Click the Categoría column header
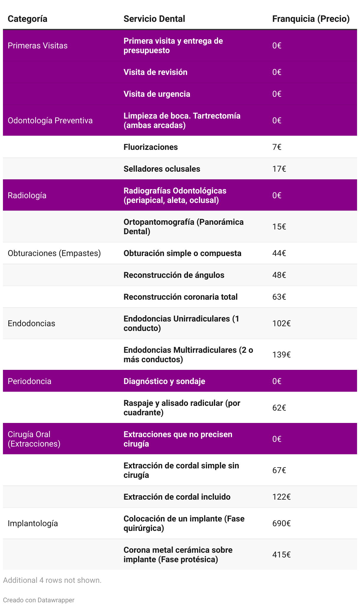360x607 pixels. (x=27, y=19)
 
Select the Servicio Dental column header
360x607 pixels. (x=154, y=19)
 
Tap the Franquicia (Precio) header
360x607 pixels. (x=311, y=19)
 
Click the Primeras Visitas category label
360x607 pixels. (x=37, y=46)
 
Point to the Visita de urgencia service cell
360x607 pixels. (x=157, y=94)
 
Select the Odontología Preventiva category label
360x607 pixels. (x=50, y=121)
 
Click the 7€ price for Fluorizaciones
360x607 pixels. (x=277, y=147)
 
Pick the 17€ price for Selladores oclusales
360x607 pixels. (x=279, y=169)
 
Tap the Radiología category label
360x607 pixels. (x=27, y=196)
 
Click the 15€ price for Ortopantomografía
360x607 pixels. (x=279, y=227)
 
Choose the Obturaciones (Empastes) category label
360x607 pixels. (x=54, y=253)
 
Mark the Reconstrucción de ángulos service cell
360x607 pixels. (x=174, y=275)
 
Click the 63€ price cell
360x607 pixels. (x=279, y=297)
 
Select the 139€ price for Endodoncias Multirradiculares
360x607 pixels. (x=282, y=355)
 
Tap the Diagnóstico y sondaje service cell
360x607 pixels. (x=164, y=381)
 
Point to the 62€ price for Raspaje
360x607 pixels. (x=279, y=408)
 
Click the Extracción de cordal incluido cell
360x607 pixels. (x=177, y=497)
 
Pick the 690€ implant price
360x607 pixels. (x=282, y=524)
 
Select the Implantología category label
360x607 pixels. (x=33, y=524)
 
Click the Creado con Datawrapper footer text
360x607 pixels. (x=39, y=600)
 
